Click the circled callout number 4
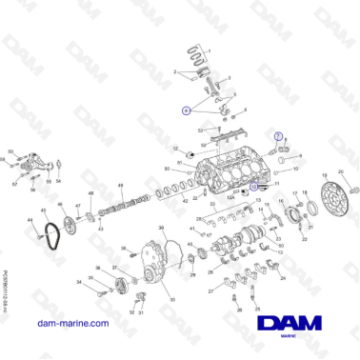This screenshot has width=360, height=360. coord(187,110)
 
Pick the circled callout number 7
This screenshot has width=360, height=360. coord(279,136)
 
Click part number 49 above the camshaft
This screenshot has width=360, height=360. coord(121,185)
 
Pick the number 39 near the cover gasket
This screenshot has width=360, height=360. coord(161,229)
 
